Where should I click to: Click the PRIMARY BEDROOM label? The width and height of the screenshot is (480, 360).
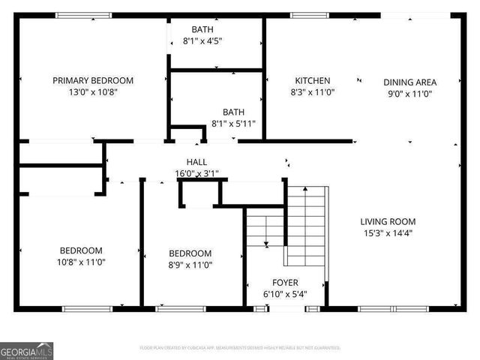[93, 80]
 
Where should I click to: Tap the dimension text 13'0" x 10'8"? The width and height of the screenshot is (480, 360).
[93, 93]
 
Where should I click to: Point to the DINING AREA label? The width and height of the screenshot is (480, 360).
[409, 82]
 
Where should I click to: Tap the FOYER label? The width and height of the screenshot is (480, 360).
[284, 283]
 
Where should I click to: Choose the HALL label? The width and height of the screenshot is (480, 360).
[196, 162]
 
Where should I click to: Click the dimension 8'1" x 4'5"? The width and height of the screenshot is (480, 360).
[202, 42]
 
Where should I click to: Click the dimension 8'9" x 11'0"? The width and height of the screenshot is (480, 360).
[190, 265]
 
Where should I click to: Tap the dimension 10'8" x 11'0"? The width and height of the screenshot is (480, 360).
[82, 262]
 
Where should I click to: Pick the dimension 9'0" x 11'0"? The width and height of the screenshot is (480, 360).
[409, 94]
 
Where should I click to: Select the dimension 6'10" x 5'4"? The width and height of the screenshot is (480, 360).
[284, 295]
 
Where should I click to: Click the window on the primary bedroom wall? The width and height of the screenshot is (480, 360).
[83, 15]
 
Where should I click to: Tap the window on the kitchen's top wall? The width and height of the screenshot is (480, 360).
[304, 15]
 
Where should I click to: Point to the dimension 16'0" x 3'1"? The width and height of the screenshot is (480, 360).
[196, 174]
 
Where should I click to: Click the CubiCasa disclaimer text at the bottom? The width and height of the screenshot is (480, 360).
[240, 348]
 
